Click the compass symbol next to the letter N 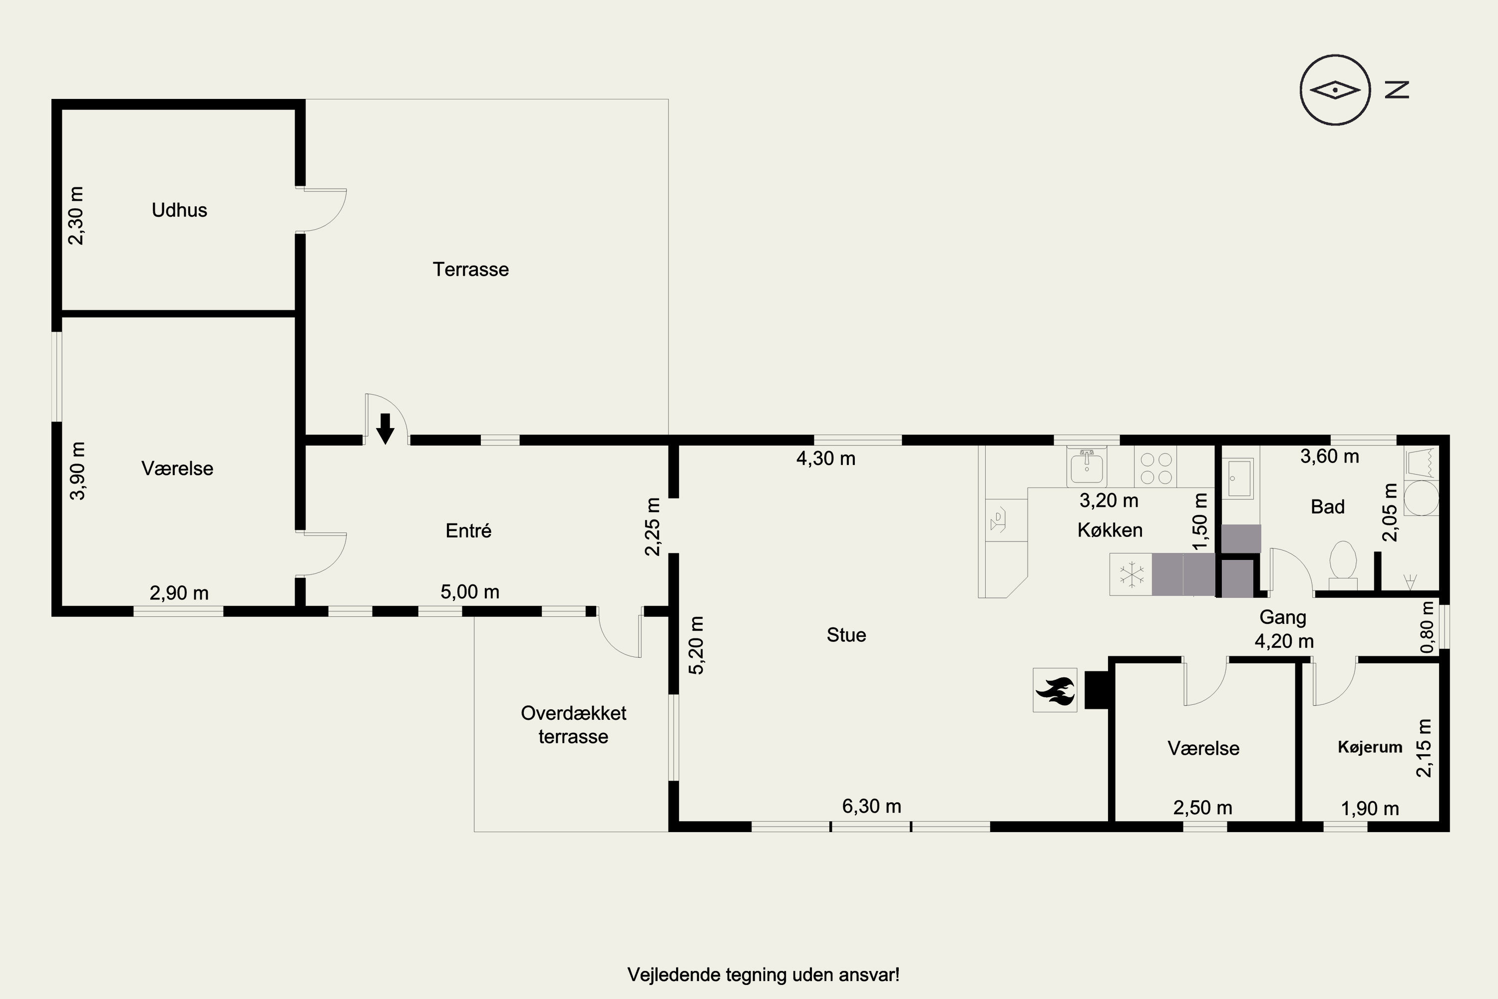[1334, 90]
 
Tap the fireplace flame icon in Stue [1055, 690]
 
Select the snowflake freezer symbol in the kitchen [1130, 575]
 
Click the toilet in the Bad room [1343, 564]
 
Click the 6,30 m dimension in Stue [871, 807]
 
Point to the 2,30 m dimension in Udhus [76, 215]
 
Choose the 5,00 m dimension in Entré [469, 592]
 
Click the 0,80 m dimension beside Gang [1427, 627]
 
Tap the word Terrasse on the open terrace [471, 270]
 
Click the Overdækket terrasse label [573, 724]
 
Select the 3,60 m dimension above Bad [1330, 456]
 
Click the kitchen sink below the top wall [1087, 467]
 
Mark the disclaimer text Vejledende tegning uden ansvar [763, 976]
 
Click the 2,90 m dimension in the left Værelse [179, 593]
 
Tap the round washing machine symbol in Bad [1421, 498]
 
